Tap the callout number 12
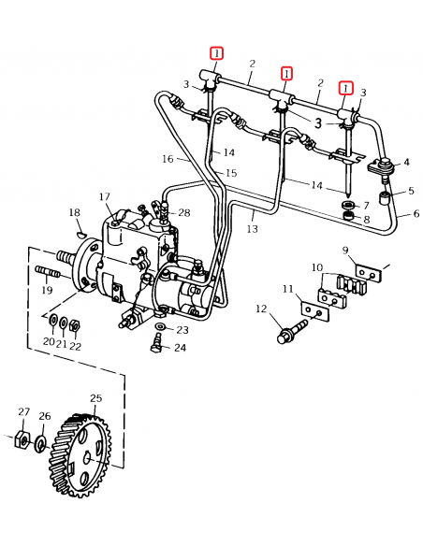click(261, 309)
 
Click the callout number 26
click(44, 417)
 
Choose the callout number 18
click(75, 214)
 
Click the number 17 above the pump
click(106, 196)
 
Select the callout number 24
click(180, 348)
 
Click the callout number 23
click(182, 330)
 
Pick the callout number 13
click(252, 228)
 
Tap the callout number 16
click(169, 159)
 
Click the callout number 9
click(344, 250)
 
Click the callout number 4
click(406, 163)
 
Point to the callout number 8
click(366, 221)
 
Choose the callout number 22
click(76, 346)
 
